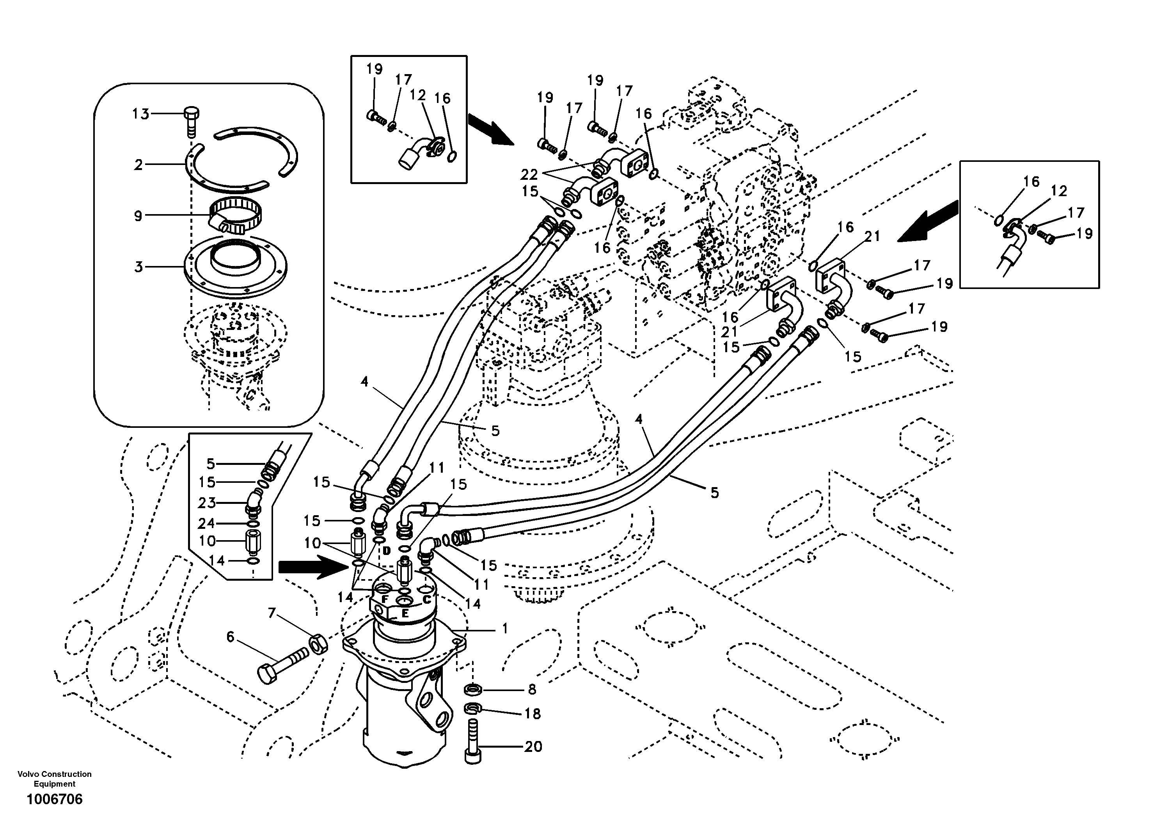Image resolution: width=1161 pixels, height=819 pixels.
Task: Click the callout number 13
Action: click(x=140, y=114)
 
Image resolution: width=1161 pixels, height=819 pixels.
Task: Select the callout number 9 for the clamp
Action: click(x=138, y=216)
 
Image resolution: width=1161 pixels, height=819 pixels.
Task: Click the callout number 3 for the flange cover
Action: click(x=138, y=267)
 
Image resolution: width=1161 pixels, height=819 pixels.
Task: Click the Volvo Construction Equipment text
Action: click(x=55, y=778)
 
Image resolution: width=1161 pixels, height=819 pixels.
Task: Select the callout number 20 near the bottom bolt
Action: click(x=533, y=746)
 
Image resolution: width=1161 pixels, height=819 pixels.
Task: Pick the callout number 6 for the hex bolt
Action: click(x=231, y=637)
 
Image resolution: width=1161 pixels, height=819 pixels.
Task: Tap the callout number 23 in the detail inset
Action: click(x=206, y=503)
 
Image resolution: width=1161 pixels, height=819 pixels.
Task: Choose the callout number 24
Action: click(x=206, y=523)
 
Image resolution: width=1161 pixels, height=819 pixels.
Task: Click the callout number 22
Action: click(x=529, y=174)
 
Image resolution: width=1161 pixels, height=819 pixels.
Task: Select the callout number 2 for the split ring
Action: click(x=138, y=165)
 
